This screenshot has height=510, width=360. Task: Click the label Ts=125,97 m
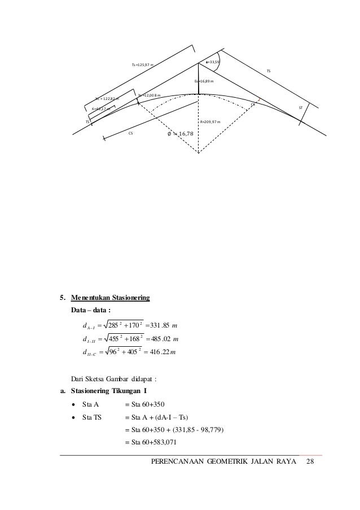(x=142, y=65)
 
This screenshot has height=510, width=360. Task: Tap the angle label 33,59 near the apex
(x=213, y=62)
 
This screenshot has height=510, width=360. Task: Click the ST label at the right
(x=301, y=106)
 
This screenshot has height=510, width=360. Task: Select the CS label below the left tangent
(x=130, y=134)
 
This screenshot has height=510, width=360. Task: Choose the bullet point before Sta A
(x=74, y=404)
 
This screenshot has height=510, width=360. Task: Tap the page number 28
(x=309, y=463)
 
